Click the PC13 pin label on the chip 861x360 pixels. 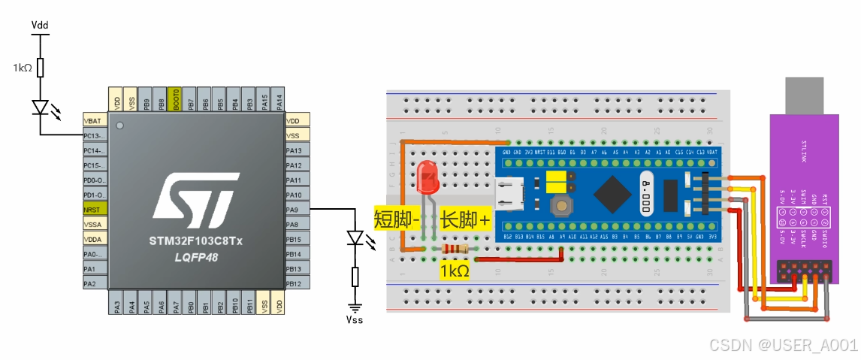pos(94,135)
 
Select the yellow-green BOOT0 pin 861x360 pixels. pos(176,99)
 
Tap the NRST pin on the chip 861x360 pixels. pos(94,209)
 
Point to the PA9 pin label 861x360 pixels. pos(295,210)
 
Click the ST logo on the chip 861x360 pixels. pos(194,201)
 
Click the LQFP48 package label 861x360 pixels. pos(193,258)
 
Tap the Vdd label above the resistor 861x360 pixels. pos(40,25)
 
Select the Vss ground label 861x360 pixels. pos(354,319)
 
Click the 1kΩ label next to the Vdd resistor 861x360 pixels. pos(23,68)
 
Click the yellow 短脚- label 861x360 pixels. pos(397,219)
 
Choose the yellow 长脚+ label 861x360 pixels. pos(466,219)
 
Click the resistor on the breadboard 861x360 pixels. pos(454,249)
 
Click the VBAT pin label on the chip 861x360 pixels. pos(94,120)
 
